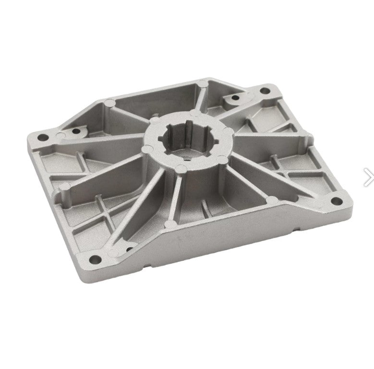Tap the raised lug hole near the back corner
coord(235,98)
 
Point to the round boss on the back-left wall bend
coord(109,103)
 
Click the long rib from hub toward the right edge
coord(269,144)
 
